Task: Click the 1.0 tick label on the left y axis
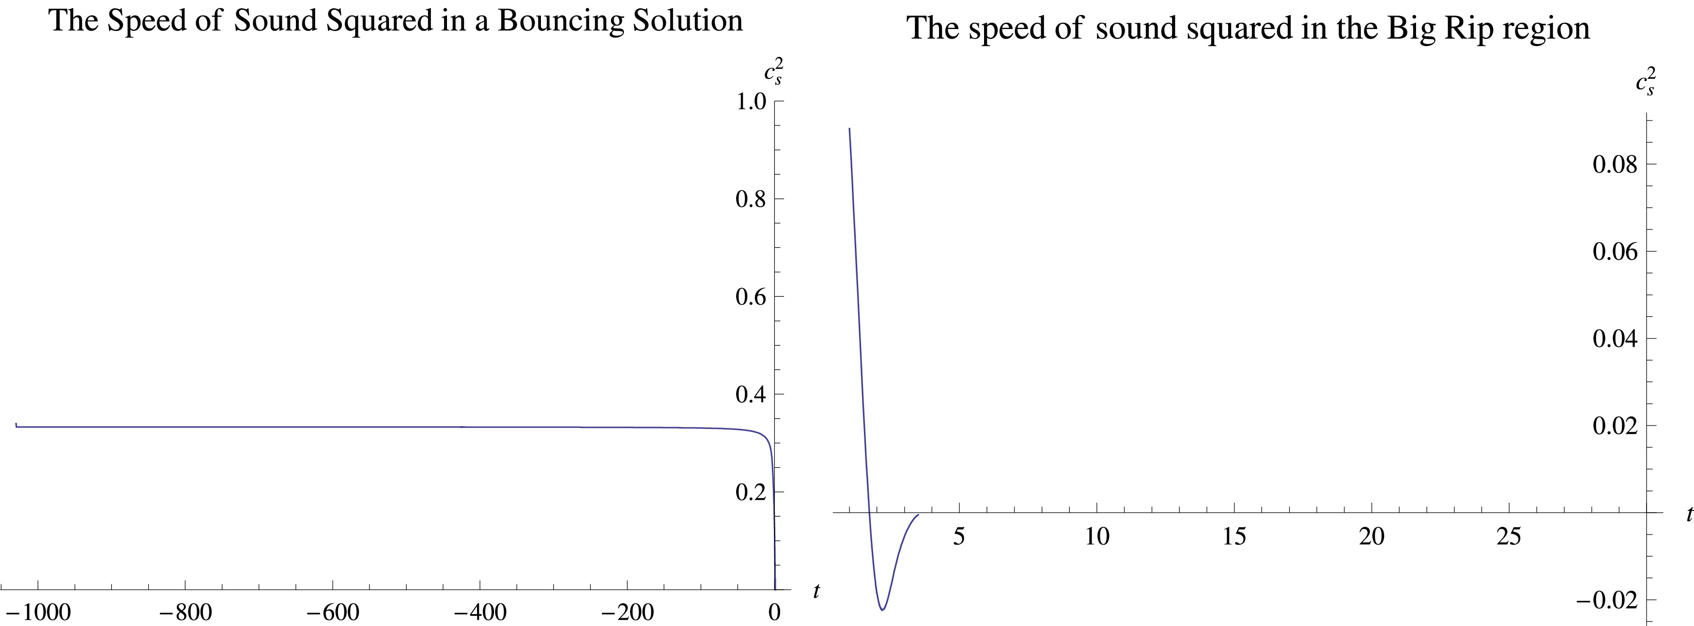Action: [x=750, y=102]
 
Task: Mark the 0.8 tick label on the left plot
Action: [x=750, y=199]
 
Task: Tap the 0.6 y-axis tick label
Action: [x=750, y=297]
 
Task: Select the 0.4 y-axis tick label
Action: [x=750, y=395]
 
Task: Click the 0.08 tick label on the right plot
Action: [x=1615, y=165]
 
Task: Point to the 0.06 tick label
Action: [x=1615, y=251]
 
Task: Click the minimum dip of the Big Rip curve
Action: [x=882, y=610]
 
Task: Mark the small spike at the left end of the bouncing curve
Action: [x=16, y=424]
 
